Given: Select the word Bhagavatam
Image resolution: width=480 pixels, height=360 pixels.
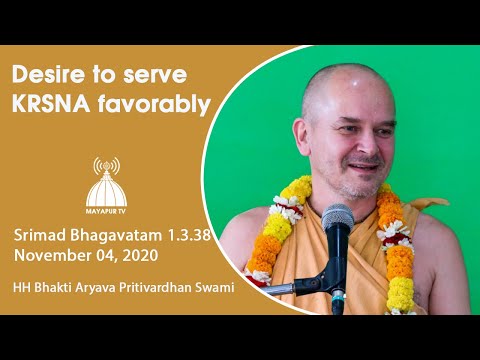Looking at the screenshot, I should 118,235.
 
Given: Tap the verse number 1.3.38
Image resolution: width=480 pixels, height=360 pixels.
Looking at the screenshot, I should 187,235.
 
